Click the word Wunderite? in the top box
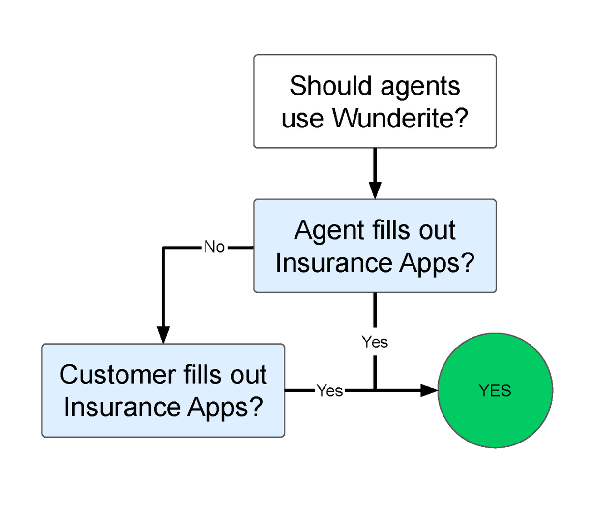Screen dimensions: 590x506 click(400, 118)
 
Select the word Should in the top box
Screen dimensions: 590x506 click(330, 86)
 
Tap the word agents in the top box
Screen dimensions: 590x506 click(420, 88)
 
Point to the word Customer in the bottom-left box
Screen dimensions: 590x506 click(118, 375)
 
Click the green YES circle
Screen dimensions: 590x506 click(495, 390)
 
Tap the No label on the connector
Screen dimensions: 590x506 click(214, 247)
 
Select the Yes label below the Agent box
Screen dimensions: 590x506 click(375, 342)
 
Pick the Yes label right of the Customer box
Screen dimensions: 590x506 click(330, 390)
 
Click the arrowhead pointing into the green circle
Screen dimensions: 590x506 click(429, 390)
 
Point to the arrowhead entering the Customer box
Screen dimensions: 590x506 click(163, 335)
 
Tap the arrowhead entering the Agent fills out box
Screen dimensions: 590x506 click(375, 190)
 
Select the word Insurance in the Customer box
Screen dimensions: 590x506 click(122, 407)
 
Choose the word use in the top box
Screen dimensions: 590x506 click(302, 120)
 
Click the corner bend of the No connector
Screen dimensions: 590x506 click(163, 248)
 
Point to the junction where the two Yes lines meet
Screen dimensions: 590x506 click(375, 390)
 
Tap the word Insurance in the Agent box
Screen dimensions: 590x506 click(333, 262)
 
